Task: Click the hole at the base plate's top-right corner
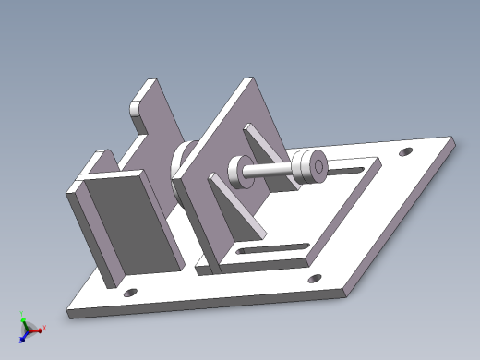[403, 152]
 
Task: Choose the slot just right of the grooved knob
[347, 170]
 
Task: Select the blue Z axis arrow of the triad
[24, 334]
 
